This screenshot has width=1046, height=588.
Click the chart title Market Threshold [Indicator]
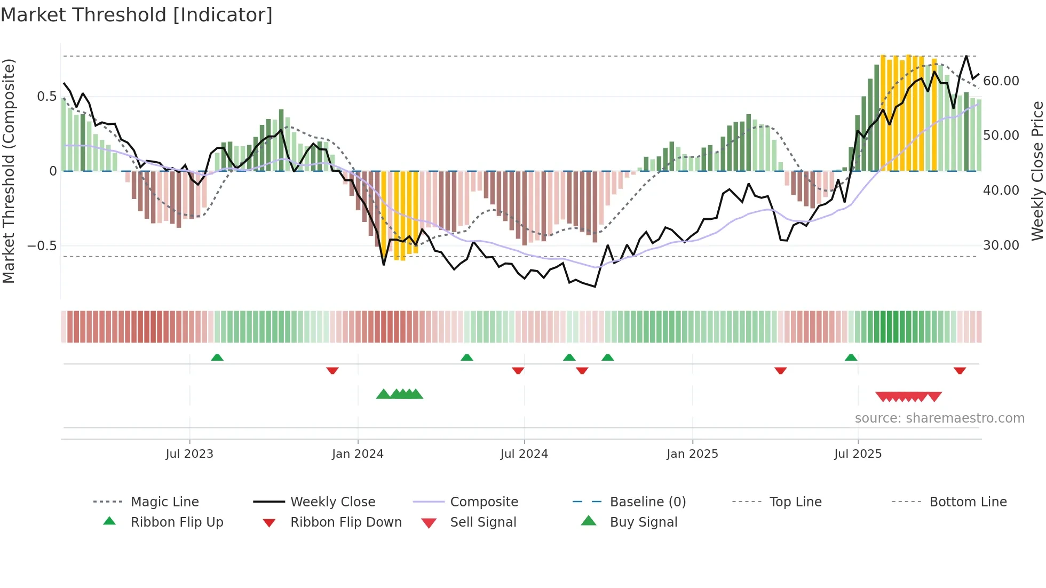pyautogui.click(x=137, y=15)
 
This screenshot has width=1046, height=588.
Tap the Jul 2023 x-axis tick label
pyautogui.click(x=189, y=454)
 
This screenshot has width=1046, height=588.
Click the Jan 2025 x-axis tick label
pyautogui.click(x=692, y=454)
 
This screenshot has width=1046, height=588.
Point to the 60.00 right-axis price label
pyautogui.click(x=1001, y=81)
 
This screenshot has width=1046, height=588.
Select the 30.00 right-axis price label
pyautogui.click(x=1001, y=245)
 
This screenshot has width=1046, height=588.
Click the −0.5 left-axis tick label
pyautogui.click(x=42, y=246)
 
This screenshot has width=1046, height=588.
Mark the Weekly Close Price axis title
pyautogui.click(x=1037, y=171)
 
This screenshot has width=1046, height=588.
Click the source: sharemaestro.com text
pyautogui.click(x=939, y=418)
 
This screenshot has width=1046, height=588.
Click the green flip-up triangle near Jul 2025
pyautogui.click(x=851, y=357)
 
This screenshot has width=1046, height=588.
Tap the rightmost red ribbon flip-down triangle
pyautogui.click(x=960, y=370)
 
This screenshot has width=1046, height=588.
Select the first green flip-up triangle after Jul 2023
pyautogui.click(x=217, y=357)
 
